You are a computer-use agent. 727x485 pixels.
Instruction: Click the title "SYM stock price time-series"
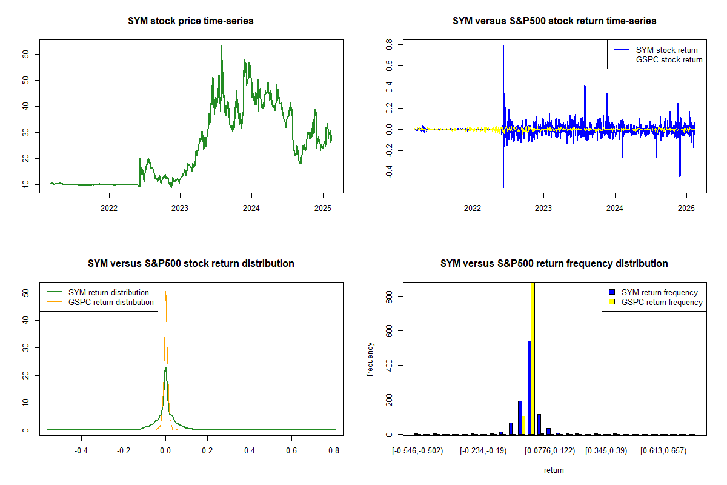(x=191, y=21)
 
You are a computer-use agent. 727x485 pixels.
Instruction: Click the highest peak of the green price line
(x=221, y=45)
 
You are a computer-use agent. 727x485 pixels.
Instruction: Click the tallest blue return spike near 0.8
(x=503, y=46)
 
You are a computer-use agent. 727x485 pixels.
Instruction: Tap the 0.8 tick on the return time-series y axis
(x=391, y=45)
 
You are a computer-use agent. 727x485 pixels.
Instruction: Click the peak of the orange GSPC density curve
(x=165, y=292)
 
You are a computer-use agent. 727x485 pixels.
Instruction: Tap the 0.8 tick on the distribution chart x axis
(x=333, y=451)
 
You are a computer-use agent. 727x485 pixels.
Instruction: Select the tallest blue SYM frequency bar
(x=529, y=388)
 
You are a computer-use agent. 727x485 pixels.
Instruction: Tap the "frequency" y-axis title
(x=370, y=360)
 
